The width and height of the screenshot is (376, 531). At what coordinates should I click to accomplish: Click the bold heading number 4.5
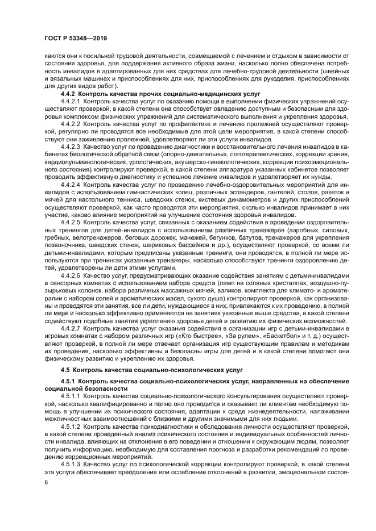(65, 370)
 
